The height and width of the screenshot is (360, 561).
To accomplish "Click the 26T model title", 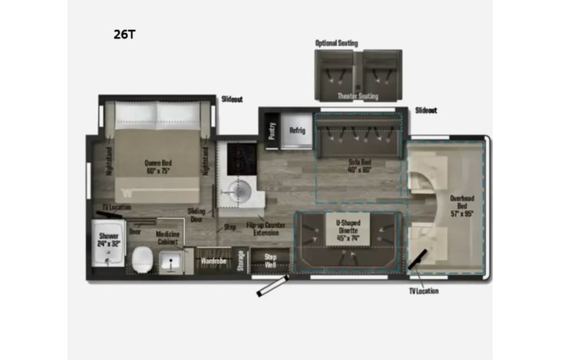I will (125, 35).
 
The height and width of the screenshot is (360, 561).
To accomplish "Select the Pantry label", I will (272, 130).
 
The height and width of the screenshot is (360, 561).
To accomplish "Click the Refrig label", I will (297, 130).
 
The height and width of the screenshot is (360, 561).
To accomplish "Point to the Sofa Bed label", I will (359, 166).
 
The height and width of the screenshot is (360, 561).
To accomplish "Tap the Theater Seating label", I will (358, 96).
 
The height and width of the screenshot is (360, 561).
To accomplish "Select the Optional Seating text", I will (336, 44).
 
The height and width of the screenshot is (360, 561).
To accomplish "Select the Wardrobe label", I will (213, 261).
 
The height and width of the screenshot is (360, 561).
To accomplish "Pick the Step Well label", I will (270, 260).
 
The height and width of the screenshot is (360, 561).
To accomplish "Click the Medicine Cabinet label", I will (168, 237).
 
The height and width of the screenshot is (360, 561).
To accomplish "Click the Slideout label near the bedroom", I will (232, 100).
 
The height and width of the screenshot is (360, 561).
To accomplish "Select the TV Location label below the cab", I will (424, 292).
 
